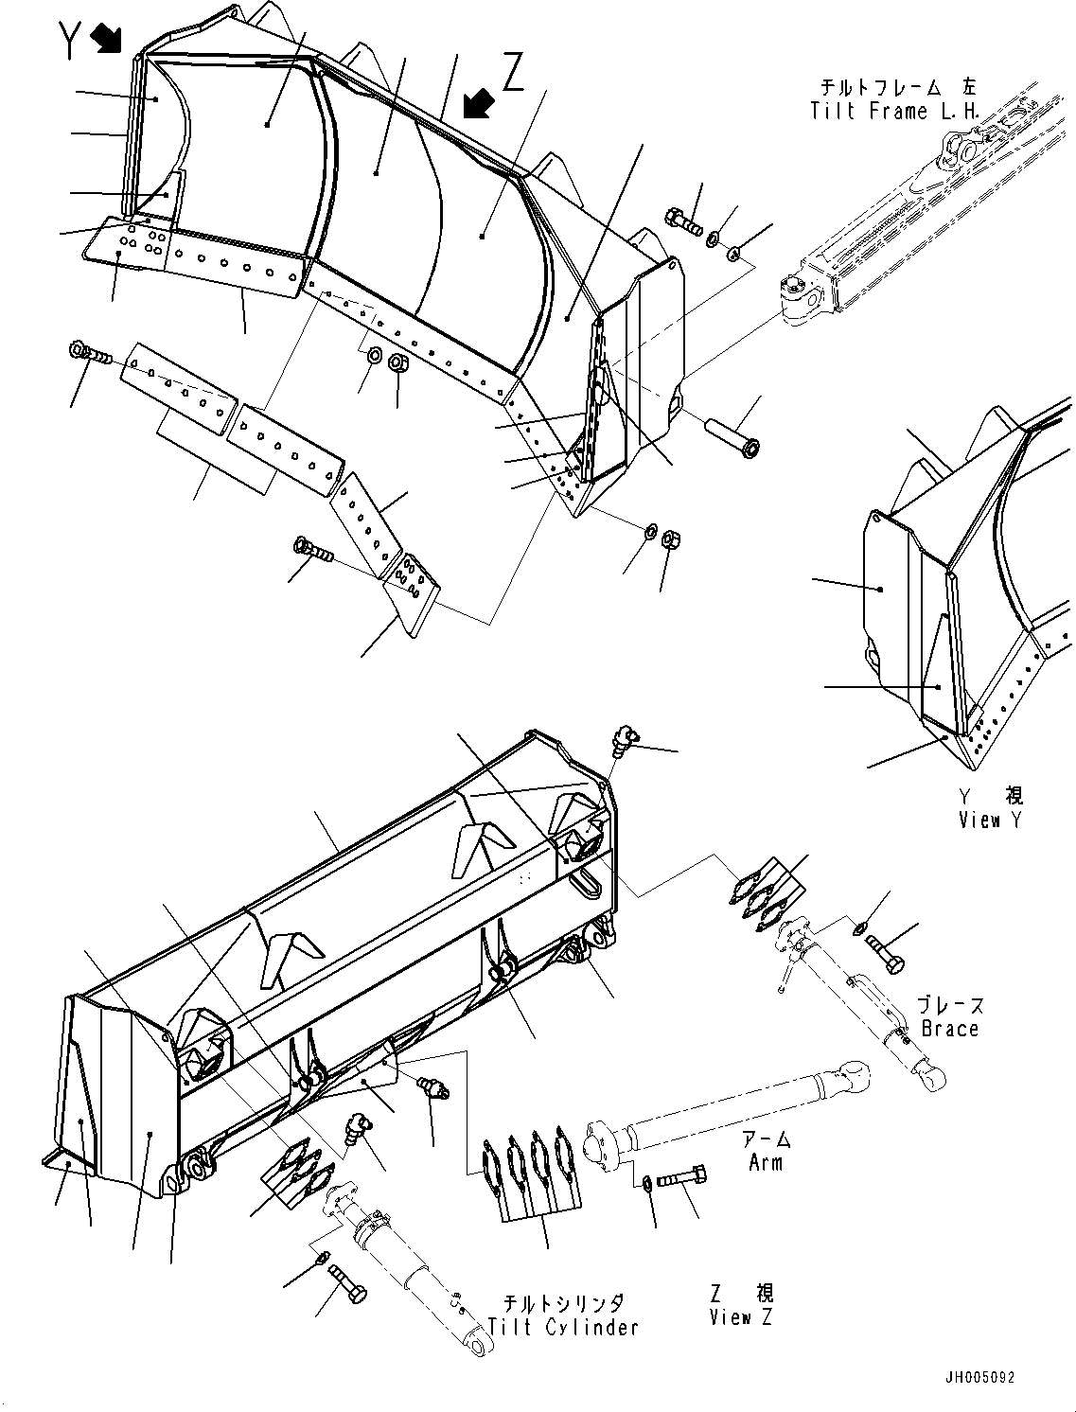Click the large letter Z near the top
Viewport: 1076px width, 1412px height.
[x=512, y=73]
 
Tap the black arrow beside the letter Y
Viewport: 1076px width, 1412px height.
[x=106, y=39]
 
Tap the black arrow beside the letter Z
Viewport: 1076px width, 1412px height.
[x=479, y=102]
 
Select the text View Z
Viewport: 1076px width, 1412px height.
[x=741, y=1315]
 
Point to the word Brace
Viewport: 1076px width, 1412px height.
[x=949, y=1028]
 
